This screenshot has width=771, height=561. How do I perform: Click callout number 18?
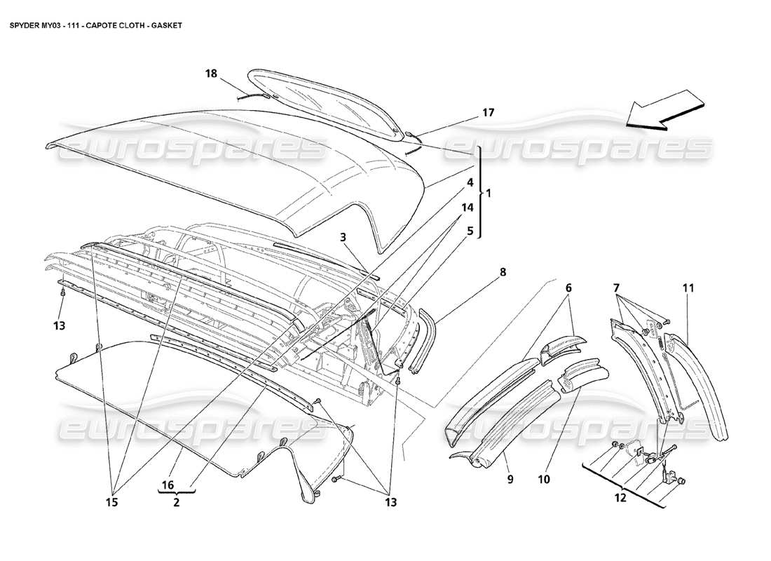(x=211, y=73)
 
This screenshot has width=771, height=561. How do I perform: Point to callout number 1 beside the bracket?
(x=489, y=192)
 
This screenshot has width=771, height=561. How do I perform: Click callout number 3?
(x=344, y=238)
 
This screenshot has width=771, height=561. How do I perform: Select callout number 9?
(x=510, y=480)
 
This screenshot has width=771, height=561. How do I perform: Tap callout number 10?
(x=545, y=480)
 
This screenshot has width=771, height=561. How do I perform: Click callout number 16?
(x=169, y=485)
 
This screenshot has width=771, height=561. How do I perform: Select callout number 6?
(x=568, y=288)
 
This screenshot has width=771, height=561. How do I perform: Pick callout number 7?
(x=618, y=288)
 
